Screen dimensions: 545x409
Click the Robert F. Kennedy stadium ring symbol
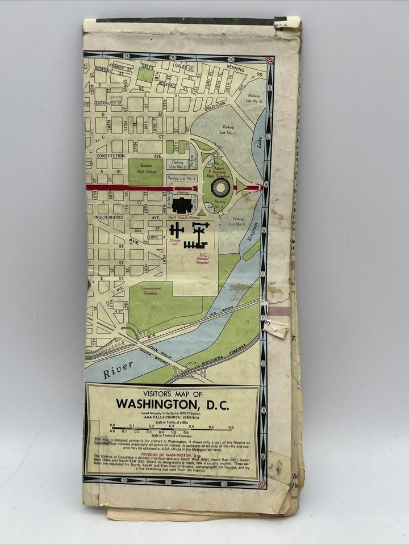coord(220,187)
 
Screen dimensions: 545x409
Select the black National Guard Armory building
coord(182,205)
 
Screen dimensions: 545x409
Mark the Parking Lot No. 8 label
coord(238,221)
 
